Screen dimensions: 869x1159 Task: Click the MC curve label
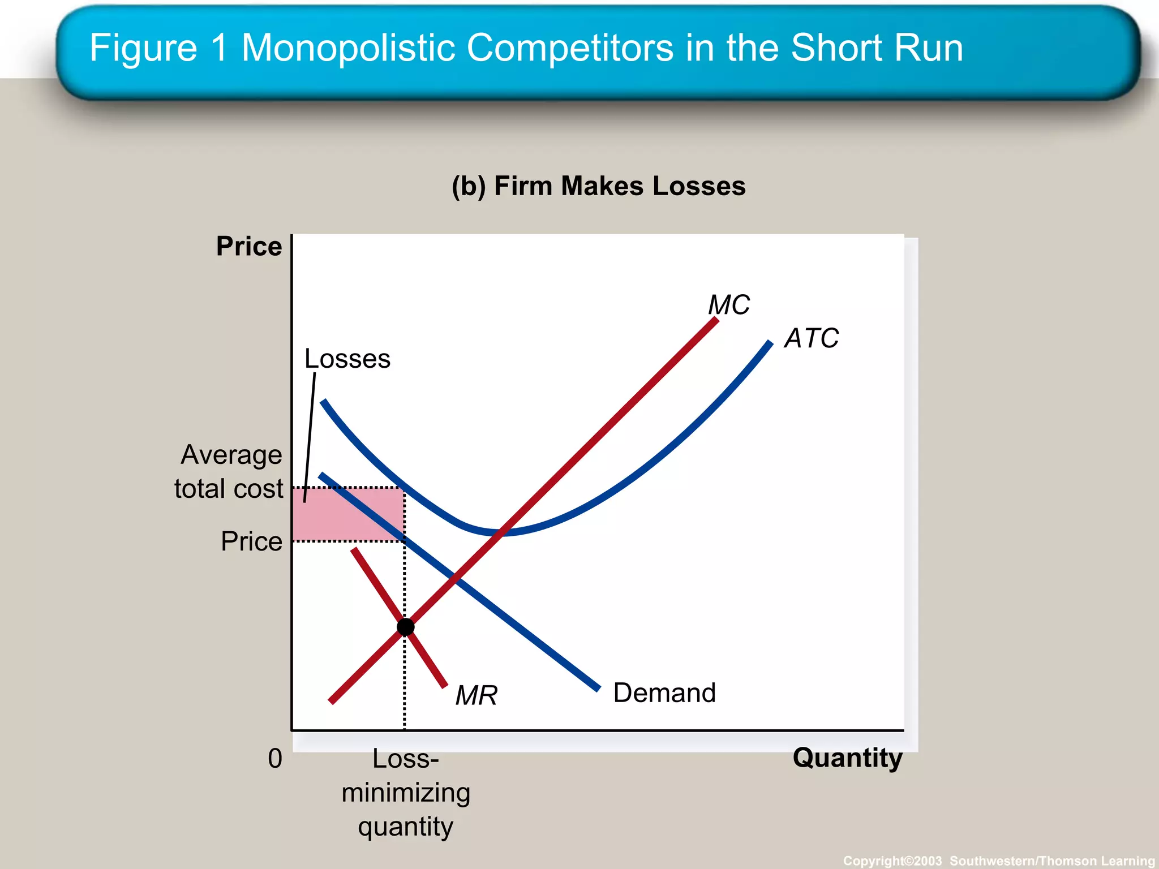click(729, 305)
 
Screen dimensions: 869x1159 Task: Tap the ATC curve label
click(811, 338)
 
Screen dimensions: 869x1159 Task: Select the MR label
click(477, 695)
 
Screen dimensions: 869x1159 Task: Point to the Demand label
click(664, 693)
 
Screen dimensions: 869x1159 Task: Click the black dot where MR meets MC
click(405, 627)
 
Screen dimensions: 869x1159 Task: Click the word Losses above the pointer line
click(347, 359)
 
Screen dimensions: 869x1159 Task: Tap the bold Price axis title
click(249, 247)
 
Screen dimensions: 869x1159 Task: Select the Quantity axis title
click(847, 758)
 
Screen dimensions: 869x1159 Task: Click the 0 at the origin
click(275, 759)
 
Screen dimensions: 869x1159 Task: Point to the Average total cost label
click(229, 472)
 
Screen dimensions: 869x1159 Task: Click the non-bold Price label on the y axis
click(251, 541)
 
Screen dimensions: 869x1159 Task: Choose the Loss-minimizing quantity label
click(406, 793)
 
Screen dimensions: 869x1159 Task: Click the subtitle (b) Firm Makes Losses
click(598, 186)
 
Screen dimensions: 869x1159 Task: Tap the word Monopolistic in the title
click(348, 48)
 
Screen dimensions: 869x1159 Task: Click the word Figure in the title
click(143, 48)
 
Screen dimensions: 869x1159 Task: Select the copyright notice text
click(999, 861)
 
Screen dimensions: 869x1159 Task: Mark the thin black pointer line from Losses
click(310, 436)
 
